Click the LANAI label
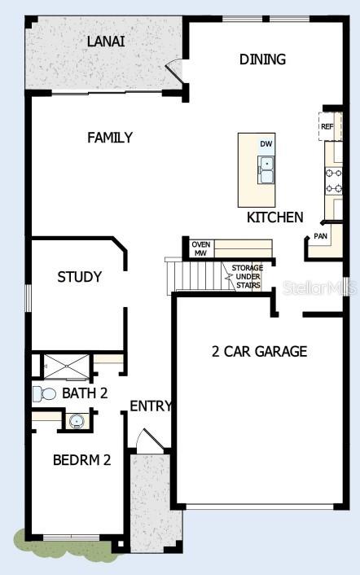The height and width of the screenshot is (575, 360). pos(106,42)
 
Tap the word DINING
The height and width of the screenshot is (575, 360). pos(262,59)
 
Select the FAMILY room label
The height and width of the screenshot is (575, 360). pos(110,138)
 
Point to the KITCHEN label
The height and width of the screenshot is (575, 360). pos(275,217)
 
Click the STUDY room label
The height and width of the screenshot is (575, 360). pos(80,277)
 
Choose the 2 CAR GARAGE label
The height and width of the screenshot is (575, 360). pos(259,352)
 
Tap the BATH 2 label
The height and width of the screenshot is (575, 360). pos(85,394)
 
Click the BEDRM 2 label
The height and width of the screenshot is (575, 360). pos(81,459)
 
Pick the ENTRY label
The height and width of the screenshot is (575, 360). pos(151,406)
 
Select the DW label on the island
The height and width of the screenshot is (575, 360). pos(266,144)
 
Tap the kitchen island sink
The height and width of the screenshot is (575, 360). pos(266,169)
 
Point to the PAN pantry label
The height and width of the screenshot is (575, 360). pos(321,237)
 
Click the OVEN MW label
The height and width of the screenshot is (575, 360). pos(200,248)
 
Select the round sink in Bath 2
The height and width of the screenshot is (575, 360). pos(76,421)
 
